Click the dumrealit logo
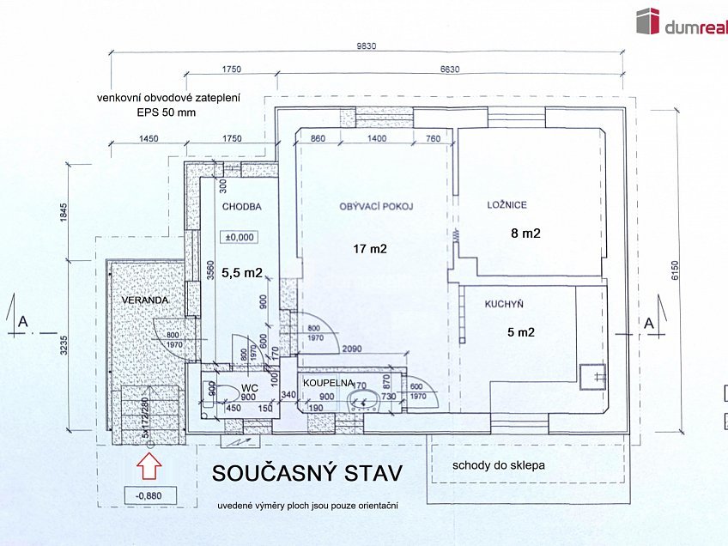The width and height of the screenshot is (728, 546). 680,23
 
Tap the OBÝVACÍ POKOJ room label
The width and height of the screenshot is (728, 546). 377,207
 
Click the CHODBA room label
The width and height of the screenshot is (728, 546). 241,207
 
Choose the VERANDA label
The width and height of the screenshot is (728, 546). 143,300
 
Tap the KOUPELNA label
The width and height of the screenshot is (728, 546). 323,383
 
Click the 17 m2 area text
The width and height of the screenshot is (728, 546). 371,250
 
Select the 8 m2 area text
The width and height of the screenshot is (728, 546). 525,233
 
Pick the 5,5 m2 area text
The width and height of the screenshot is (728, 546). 241,273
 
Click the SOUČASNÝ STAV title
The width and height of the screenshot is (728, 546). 306,473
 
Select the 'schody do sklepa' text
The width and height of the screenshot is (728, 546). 500,465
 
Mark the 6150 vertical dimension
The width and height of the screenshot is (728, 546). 675,271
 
